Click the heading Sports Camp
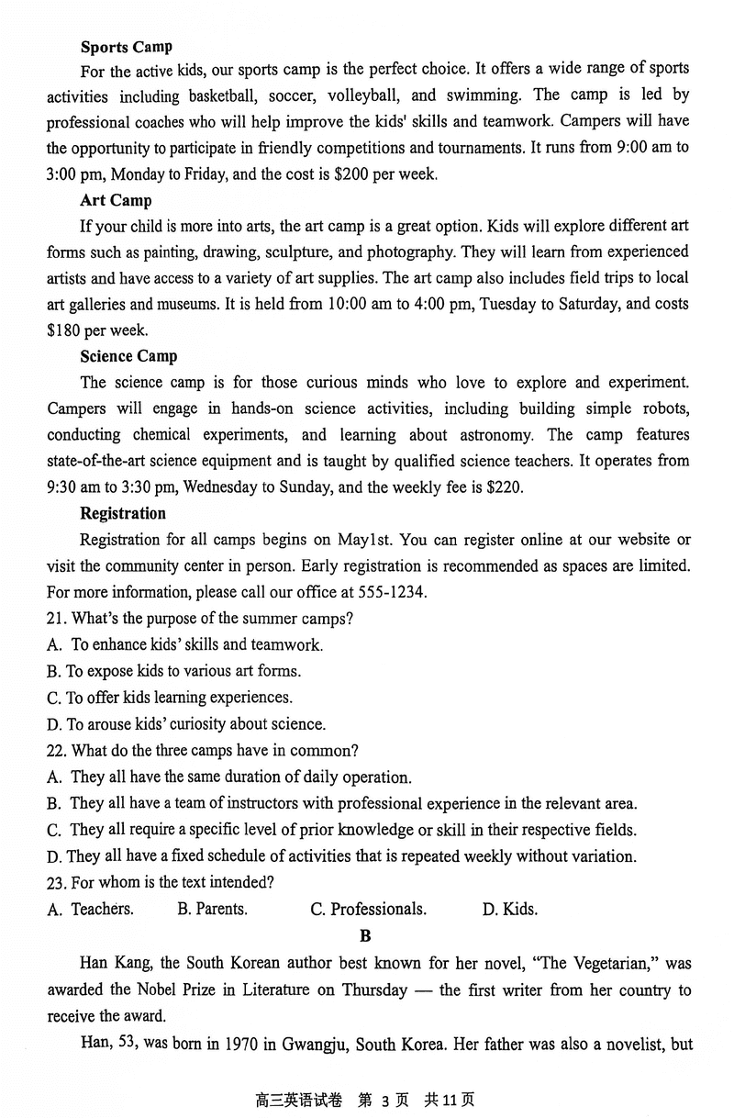(x=126, y=47)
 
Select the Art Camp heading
(x=116, y=200)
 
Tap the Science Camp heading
(x=128, y=356)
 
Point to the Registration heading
(x=123, y=513)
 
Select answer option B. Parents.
(x=212, y=910)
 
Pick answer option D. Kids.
(x=509, y=910)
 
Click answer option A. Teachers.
(x=91, y=910)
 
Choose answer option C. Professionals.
(x=368, y=910)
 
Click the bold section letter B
(x=366, y=936)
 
